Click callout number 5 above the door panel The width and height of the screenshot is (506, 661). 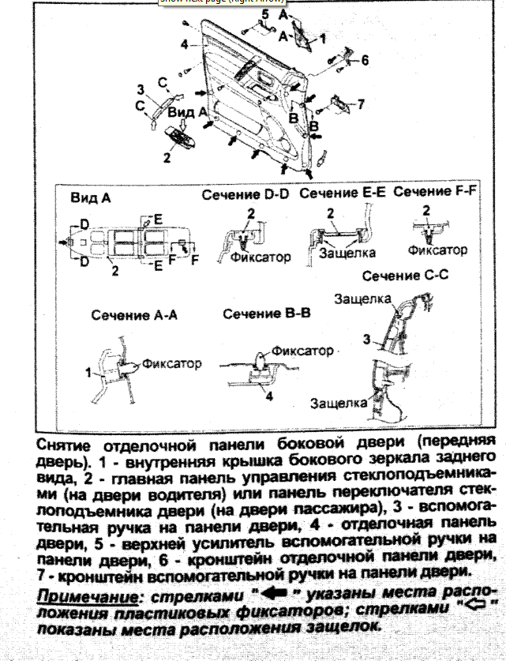[x=264, y=14]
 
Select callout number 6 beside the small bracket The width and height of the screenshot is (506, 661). [x=365, y=60]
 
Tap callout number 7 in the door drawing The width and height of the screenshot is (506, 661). [x=360, y=103]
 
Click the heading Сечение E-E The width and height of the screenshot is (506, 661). [x=343, y=193]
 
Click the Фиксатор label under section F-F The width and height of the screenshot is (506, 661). [x=437, y=250]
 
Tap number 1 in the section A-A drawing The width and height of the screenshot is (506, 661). [x=88, y=370]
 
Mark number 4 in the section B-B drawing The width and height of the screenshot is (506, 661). [x=268, y=396]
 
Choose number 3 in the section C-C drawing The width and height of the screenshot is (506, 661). [x=365, y=339]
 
